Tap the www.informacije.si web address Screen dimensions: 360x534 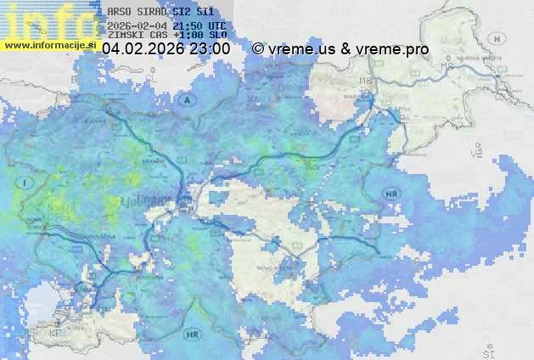pyautogui.click(x=49, y=45)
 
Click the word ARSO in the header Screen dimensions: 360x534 pyautogui.click(x=120, y=12)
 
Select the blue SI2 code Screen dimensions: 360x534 pyautogui.click(x=180, y=12)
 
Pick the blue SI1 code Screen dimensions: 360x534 pyautogui.click(x=204, y=12)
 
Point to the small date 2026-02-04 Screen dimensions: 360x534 pyautogui.click(x=138, y=26)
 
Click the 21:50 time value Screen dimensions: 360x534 pyautogui.click(x=186, y=26)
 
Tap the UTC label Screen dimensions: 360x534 pyautogui.click(x=216, y=26)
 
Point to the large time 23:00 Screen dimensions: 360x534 pyautogui.click(x=210, y=49)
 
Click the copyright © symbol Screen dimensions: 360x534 pyautogui.click(x=258, y=49)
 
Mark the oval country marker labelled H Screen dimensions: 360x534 pyautogui.click(x=500, y=39)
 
